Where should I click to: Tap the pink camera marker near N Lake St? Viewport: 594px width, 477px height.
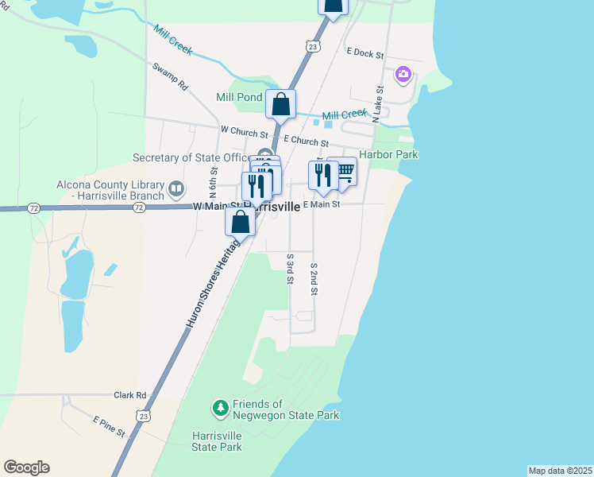(403, 75)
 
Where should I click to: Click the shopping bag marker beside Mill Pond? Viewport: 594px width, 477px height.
(281, 104)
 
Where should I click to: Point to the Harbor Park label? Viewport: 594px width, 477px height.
(388, 154)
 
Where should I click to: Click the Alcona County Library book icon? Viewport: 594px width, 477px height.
(176, 190)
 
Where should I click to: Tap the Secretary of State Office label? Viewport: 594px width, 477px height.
(191, 157)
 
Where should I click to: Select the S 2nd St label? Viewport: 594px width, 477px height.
(314, 280)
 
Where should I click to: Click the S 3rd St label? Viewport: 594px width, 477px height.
(291, 271)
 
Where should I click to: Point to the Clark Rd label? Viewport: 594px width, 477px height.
(130, 394)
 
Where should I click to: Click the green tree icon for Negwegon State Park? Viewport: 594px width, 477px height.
(220, 409)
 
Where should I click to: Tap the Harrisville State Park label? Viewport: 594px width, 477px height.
(217, 441)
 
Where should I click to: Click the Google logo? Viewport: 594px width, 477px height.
(26, 467)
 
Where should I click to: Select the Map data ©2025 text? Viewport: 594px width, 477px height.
(560, 471)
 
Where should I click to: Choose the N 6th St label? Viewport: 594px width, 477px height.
(214, 182)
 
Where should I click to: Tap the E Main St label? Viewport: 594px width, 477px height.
(321, 204)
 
